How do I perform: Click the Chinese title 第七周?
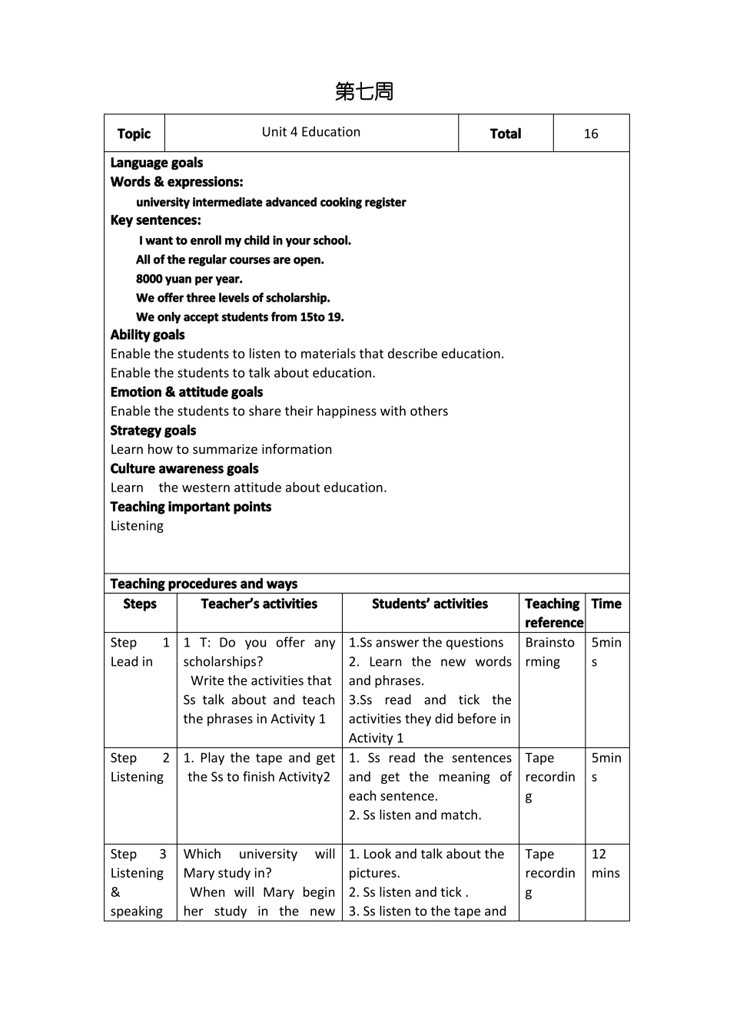point(364,91)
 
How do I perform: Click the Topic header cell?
point(134,134)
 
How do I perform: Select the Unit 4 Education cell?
point(310,132)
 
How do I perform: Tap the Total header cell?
point(505,134)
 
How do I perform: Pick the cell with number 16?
point(590,134)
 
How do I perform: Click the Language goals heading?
point(156,163)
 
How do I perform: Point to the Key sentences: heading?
point(155,220)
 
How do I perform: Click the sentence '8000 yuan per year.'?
point(189,279)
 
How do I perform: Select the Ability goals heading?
point(147,335)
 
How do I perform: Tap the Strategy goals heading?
point(153,431)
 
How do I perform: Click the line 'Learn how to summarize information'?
point(221,449)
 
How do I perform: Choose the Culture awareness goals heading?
point(184,469)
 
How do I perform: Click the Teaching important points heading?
point(191,507)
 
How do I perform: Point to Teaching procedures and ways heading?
point(204,584)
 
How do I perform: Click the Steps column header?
point(140,604)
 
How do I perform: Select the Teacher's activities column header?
point(259,604)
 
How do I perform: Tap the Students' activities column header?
point(430,604)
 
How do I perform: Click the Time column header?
point(606,604)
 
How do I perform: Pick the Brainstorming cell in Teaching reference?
point(549,652)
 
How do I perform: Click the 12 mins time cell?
point(606,864)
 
